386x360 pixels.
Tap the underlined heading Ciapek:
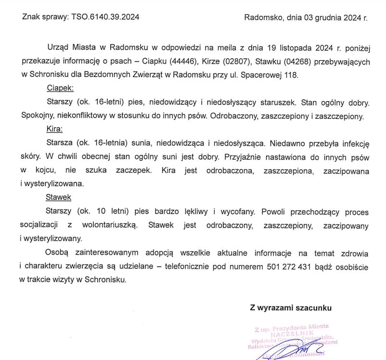tap(60, 89)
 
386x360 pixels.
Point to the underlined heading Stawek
tap(58, 197)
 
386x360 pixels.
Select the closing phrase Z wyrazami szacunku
tap(291, 307)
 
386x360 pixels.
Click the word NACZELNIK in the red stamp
tap(293, 334)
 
